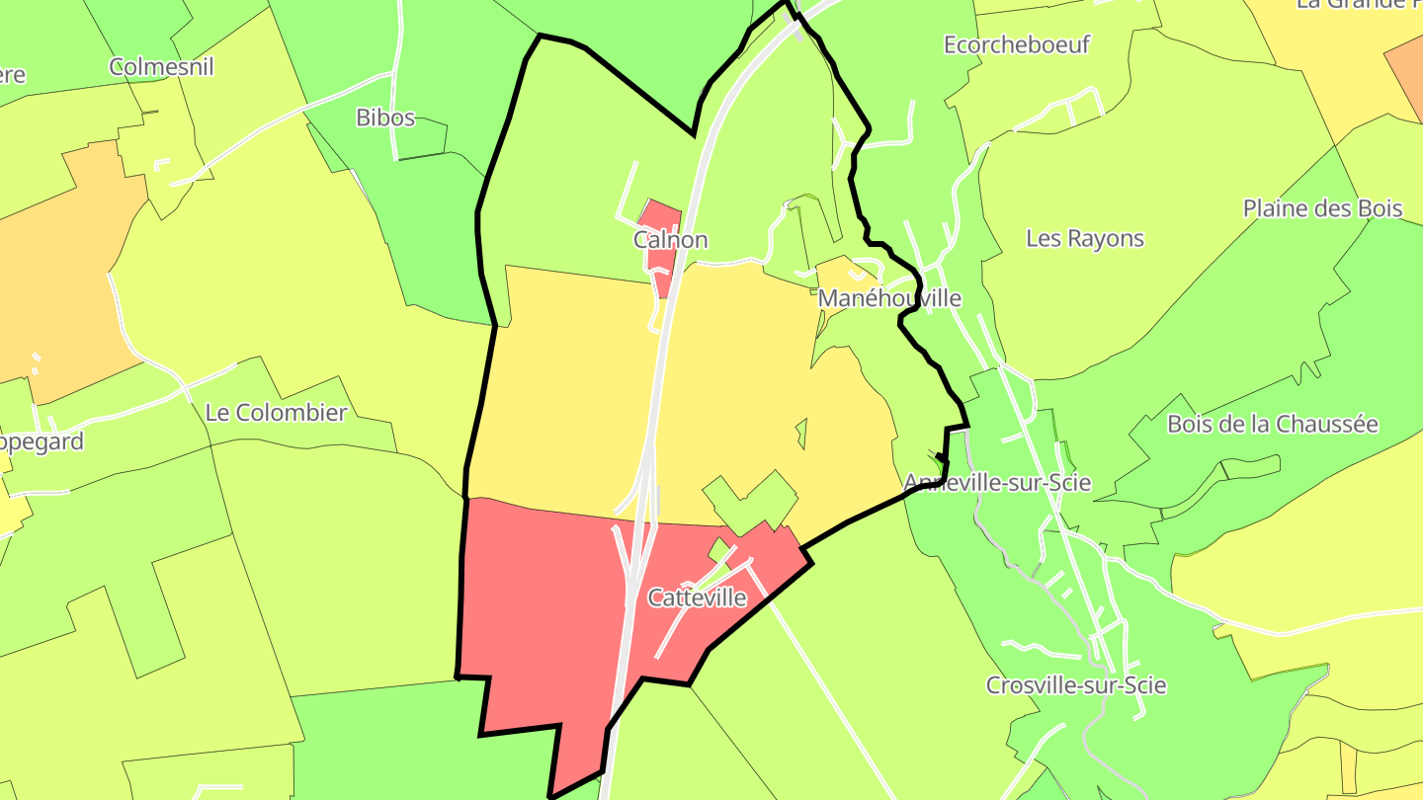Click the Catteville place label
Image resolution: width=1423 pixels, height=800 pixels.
697,598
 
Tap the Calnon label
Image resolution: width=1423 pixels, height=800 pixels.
671,240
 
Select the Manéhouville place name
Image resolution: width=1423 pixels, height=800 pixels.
889,297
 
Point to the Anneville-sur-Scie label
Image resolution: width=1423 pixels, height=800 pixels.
997,482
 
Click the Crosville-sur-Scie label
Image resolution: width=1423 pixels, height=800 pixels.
1076,685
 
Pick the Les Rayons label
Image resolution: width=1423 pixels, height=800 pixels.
1084,238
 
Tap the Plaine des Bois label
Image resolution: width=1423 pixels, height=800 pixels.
1322,208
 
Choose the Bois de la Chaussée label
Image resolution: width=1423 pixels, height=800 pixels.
1272,424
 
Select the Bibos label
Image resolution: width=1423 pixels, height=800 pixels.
385,118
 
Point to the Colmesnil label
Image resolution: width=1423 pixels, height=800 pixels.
161,67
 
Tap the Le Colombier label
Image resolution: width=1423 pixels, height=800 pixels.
276,412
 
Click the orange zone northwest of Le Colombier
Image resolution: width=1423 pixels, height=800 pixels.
59,267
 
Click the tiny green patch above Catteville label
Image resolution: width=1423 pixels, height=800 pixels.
719,548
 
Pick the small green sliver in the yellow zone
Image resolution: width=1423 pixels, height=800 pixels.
801,432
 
